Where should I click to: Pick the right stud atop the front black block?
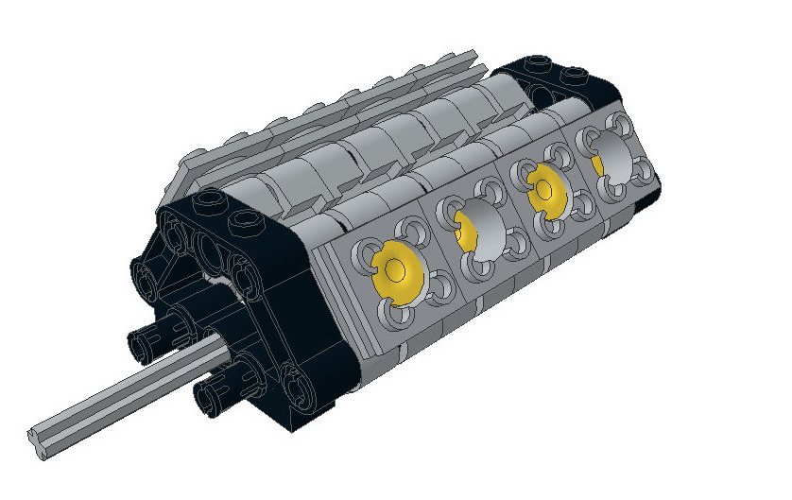(x=248, y=223)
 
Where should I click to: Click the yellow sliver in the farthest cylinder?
(x=597, y=164)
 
